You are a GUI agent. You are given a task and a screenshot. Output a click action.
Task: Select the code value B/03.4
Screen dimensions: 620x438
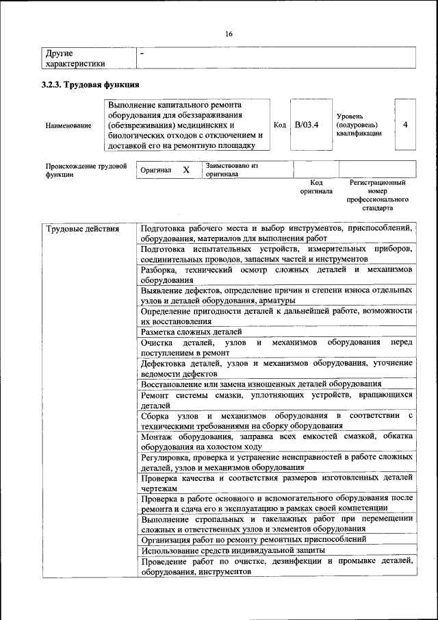tap(307, 125)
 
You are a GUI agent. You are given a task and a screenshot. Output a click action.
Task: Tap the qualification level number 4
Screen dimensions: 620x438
tap(406, 125)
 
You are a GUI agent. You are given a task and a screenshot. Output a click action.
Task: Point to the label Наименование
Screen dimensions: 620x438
tap(68, 126)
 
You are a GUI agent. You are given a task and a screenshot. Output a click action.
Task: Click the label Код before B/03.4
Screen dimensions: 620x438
tap(279, 125)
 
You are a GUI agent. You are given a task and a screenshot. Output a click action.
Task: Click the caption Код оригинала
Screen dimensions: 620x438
tap(315, 187)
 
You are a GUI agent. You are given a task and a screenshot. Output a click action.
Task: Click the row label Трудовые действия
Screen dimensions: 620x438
tap(83, 229)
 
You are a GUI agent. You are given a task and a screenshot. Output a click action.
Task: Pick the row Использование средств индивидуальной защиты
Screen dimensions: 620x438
tap(233, 550)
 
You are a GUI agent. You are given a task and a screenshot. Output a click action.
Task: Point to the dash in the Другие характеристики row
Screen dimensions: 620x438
tap(142, 53)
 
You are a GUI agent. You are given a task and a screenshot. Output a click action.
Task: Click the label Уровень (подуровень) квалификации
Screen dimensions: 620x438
tap(359, 125)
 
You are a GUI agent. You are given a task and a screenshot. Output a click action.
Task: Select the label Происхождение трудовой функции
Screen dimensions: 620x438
tap(86, 170)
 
